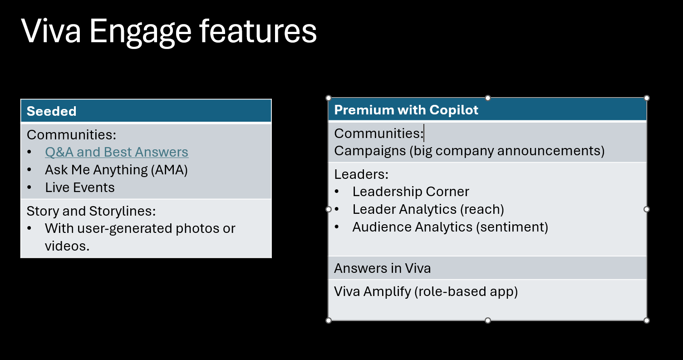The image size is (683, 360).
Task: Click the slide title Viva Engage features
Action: coord(169,31)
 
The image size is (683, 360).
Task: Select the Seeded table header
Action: coord(52,111)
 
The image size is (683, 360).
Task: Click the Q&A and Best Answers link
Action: coord(117,152)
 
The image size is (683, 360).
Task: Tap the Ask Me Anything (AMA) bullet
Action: coord(116,170)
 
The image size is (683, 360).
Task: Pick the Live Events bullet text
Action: coord(80,187)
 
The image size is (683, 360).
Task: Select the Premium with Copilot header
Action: coord(406,110)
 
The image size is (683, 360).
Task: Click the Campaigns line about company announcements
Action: coord(469,151)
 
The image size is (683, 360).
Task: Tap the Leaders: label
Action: coord(362,174)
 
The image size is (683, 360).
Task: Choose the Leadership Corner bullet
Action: coord(411,192)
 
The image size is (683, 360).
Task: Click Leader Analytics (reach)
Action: coord(428,209)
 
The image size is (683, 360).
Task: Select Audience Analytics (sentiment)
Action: coord(450,227)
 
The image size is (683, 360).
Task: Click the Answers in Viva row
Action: coord(382,268)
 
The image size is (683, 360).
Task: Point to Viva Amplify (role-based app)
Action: coord(426,291)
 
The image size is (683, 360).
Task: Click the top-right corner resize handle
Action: coord(647,98)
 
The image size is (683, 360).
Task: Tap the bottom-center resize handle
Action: coord(488,321)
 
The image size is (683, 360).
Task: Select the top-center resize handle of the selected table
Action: coord(488,98)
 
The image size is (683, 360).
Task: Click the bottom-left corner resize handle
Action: coord(329,321)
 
